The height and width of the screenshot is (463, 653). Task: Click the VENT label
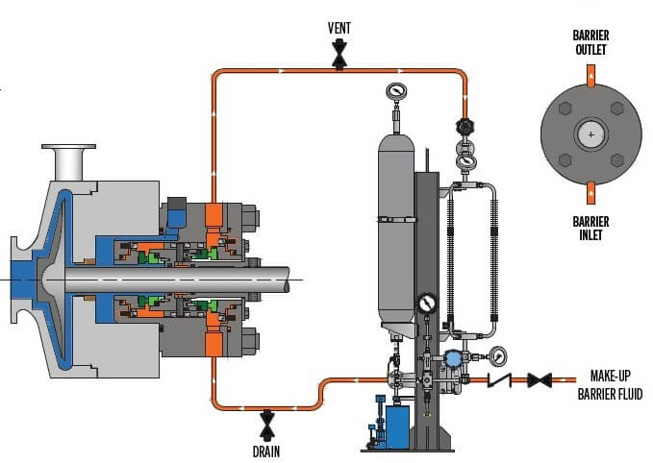coord(339,28)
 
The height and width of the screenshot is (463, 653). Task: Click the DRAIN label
coord(266,451)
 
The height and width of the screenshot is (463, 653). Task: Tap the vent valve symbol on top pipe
coord(339,54)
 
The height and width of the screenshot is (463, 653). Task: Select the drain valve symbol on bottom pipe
coord(267,426)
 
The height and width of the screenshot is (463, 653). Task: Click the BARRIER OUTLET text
coord(590,42)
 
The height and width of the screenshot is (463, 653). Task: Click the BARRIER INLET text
coord(590,228)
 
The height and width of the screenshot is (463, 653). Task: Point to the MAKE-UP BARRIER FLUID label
coord(610,385)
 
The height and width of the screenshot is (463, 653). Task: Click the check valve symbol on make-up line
coord(499,379)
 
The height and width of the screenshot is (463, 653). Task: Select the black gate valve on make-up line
coord(540,379)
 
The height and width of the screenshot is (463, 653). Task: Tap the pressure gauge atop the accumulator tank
coord(396,90)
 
